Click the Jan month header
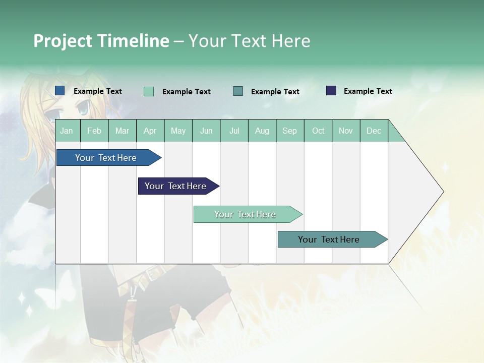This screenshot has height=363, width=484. click(67, 131)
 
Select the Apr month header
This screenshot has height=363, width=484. click(150, 131)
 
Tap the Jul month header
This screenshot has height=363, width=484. click(234, 131)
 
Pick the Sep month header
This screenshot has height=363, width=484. click(289, 131)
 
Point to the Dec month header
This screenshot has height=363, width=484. click(374, 131)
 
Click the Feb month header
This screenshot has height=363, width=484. click(94, 131)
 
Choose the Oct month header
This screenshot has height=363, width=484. click(318, 131)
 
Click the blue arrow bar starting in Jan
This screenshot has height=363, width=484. click(106, 158)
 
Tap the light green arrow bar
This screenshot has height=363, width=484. click(245, 214)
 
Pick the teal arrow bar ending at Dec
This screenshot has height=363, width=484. click(329, 239)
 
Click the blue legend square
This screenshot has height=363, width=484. click(60, 91)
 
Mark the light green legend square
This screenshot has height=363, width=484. click(149, 91)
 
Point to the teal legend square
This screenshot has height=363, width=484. click(238, 91)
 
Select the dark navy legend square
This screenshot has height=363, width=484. click(331, 91)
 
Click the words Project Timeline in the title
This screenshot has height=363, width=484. click(101, 41)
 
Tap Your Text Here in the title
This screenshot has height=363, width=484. click(250, 41)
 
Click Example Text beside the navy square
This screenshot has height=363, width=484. click(368, 91)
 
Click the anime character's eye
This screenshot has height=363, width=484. click(83, 107)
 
